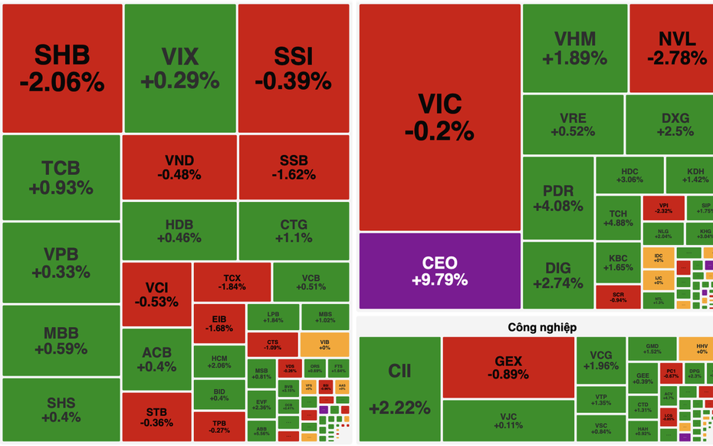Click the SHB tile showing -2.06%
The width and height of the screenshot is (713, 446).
coord(62,68)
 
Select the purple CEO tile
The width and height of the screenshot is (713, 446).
coord(439,271)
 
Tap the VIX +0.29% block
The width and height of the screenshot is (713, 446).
coord(179,68)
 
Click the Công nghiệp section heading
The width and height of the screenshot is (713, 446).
coord(542,327)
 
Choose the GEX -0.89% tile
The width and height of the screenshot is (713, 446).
coord(508,367)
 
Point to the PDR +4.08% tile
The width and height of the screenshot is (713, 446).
coord(557,197)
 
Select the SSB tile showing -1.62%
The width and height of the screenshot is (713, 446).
coord(294,167)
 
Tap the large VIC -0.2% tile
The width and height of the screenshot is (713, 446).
coord(439,117)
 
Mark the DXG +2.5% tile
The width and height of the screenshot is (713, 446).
coord(675,124)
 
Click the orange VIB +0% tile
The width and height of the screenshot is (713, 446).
coord(324,342)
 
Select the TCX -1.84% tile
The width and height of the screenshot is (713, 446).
coord(232,282)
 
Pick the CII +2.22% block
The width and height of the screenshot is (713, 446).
coord(399,389)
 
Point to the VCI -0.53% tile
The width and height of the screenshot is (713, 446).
coord(156,294)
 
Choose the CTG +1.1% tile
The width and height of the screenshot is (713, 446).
coord(294,230)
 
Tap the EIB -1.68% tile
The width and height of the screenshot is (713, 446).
coord(218,323)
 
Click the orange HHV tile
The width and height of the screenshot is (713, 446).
coord(694,348)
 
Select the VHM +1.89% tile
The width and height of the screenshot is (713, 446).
coord(574,48)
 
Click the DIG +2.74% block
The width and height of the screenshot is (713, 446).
coord(557,274)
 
